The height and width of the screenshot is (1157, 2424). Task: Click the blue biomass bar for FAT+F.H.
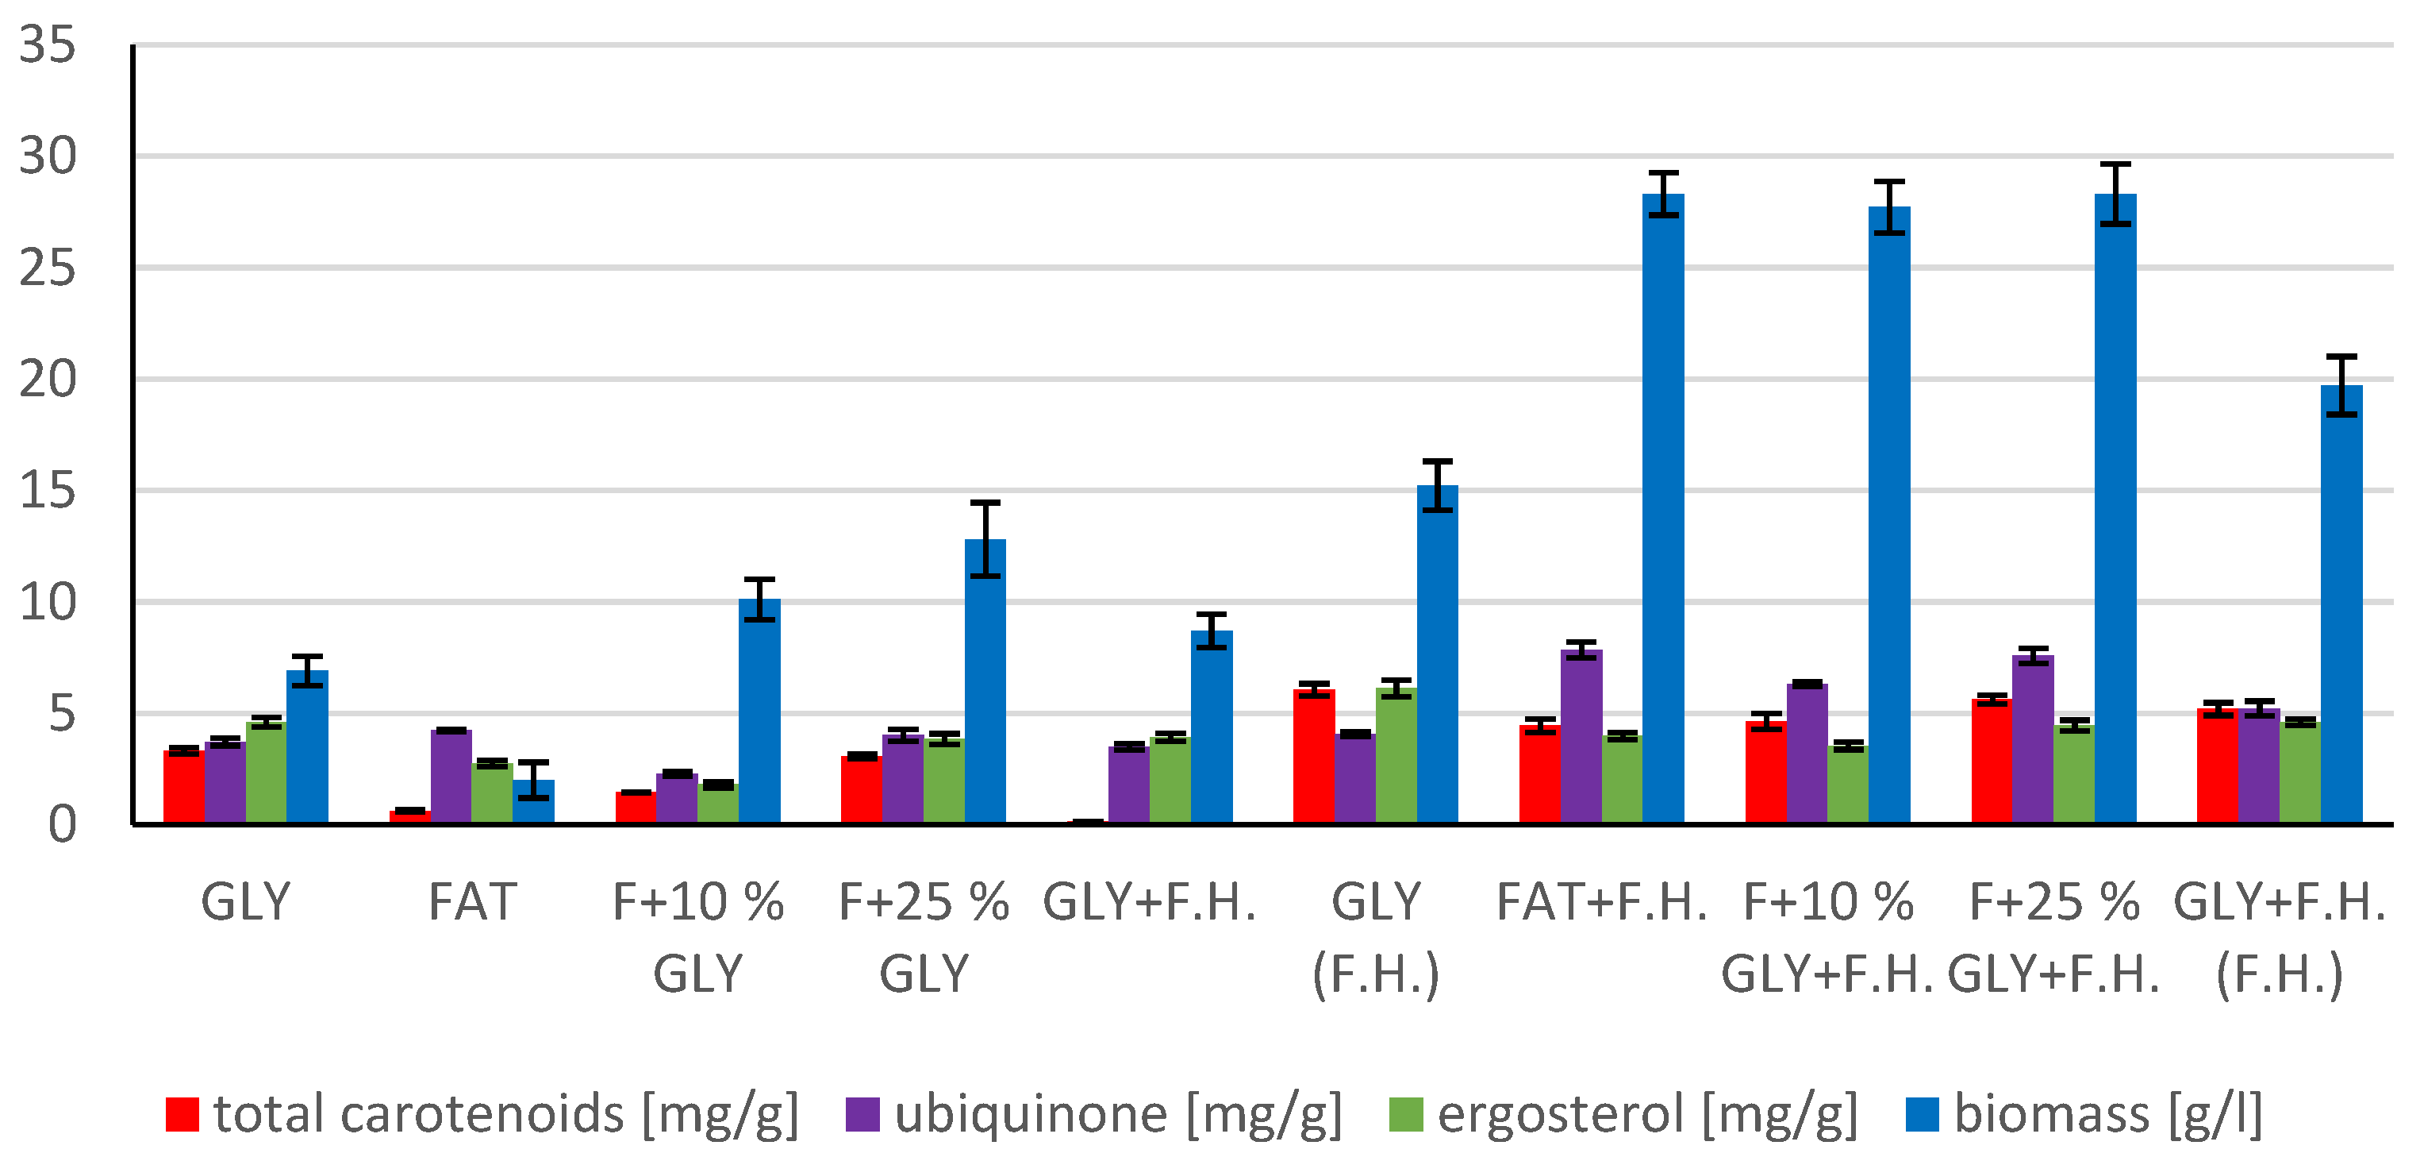click(x=1663, y=508)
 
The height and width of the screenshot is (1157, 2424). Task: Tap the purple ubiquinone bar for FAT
click(x=451, y=776)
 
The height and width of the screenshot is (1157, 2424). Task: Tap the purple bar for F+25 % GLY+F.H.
click(x=2033, y=739)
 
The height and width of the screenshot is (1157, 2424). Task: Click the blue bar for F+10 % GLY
click(x=759, y=711)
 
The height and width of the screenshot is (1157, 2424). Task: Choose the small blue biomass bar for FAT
click(x=533, y=801)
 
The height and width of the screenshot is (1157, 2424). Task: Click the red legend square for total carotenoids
click(x=182, y=1113)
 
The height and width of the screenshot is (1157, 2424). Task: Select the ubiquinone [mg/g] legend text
click(x=1118, y=1113)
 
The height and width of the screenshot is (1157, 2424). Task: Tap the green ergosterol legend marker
click(x=1406, y=1113)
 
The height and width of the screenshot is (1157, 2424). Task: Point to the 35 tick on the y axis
click(x=47, y=44)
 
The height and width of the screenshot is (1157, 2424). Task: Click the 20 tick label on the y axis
click(x=47, y=380)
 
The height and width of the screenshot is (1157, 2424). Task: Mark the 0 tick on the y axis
click(x=62, y=825)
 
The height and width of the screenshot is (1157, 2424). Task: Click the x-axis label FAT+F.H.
click(x=1601, y=902)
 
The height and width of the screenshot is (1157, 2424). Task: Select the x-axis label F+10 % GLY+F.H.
click(x=1827, y=937)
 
